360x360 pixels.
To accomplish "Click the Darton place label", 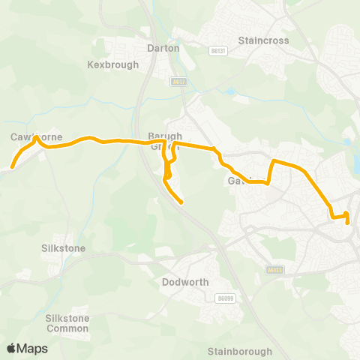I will [163, 47].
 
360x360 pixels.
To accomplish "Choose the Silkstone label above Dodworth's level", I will [64, 247].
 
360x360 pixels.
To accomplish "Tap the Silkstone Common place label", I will [67, 323].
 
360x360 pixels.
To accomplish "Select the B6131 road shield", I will [218, 50].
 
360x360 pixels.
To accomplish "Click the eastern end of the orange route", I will [347, 222].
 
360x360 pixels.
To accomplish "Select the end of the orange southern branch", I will [181, 202].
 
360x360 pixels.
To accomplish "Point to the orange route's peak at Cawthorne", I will [36, 138].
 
